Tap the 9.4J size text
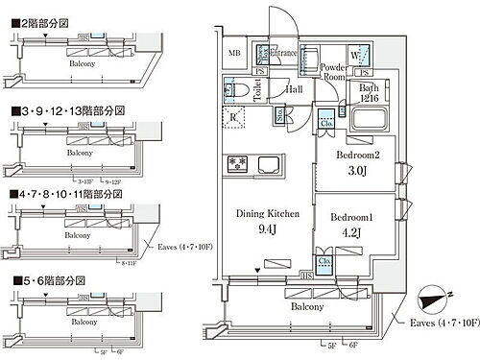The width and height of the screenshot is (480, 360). (x=256, y=229)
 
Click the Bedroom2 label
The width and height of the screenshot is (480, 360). (x=359, y=156)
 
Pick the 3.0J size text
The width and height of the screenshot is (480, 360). (x=359, y=173)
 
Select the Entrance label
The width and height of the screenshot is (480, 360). (x=287, y=53)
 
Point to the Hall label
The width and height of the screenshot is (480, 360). (x=296, y=88)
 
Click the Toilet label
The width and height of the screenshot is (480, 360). (x=256, y=89)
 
